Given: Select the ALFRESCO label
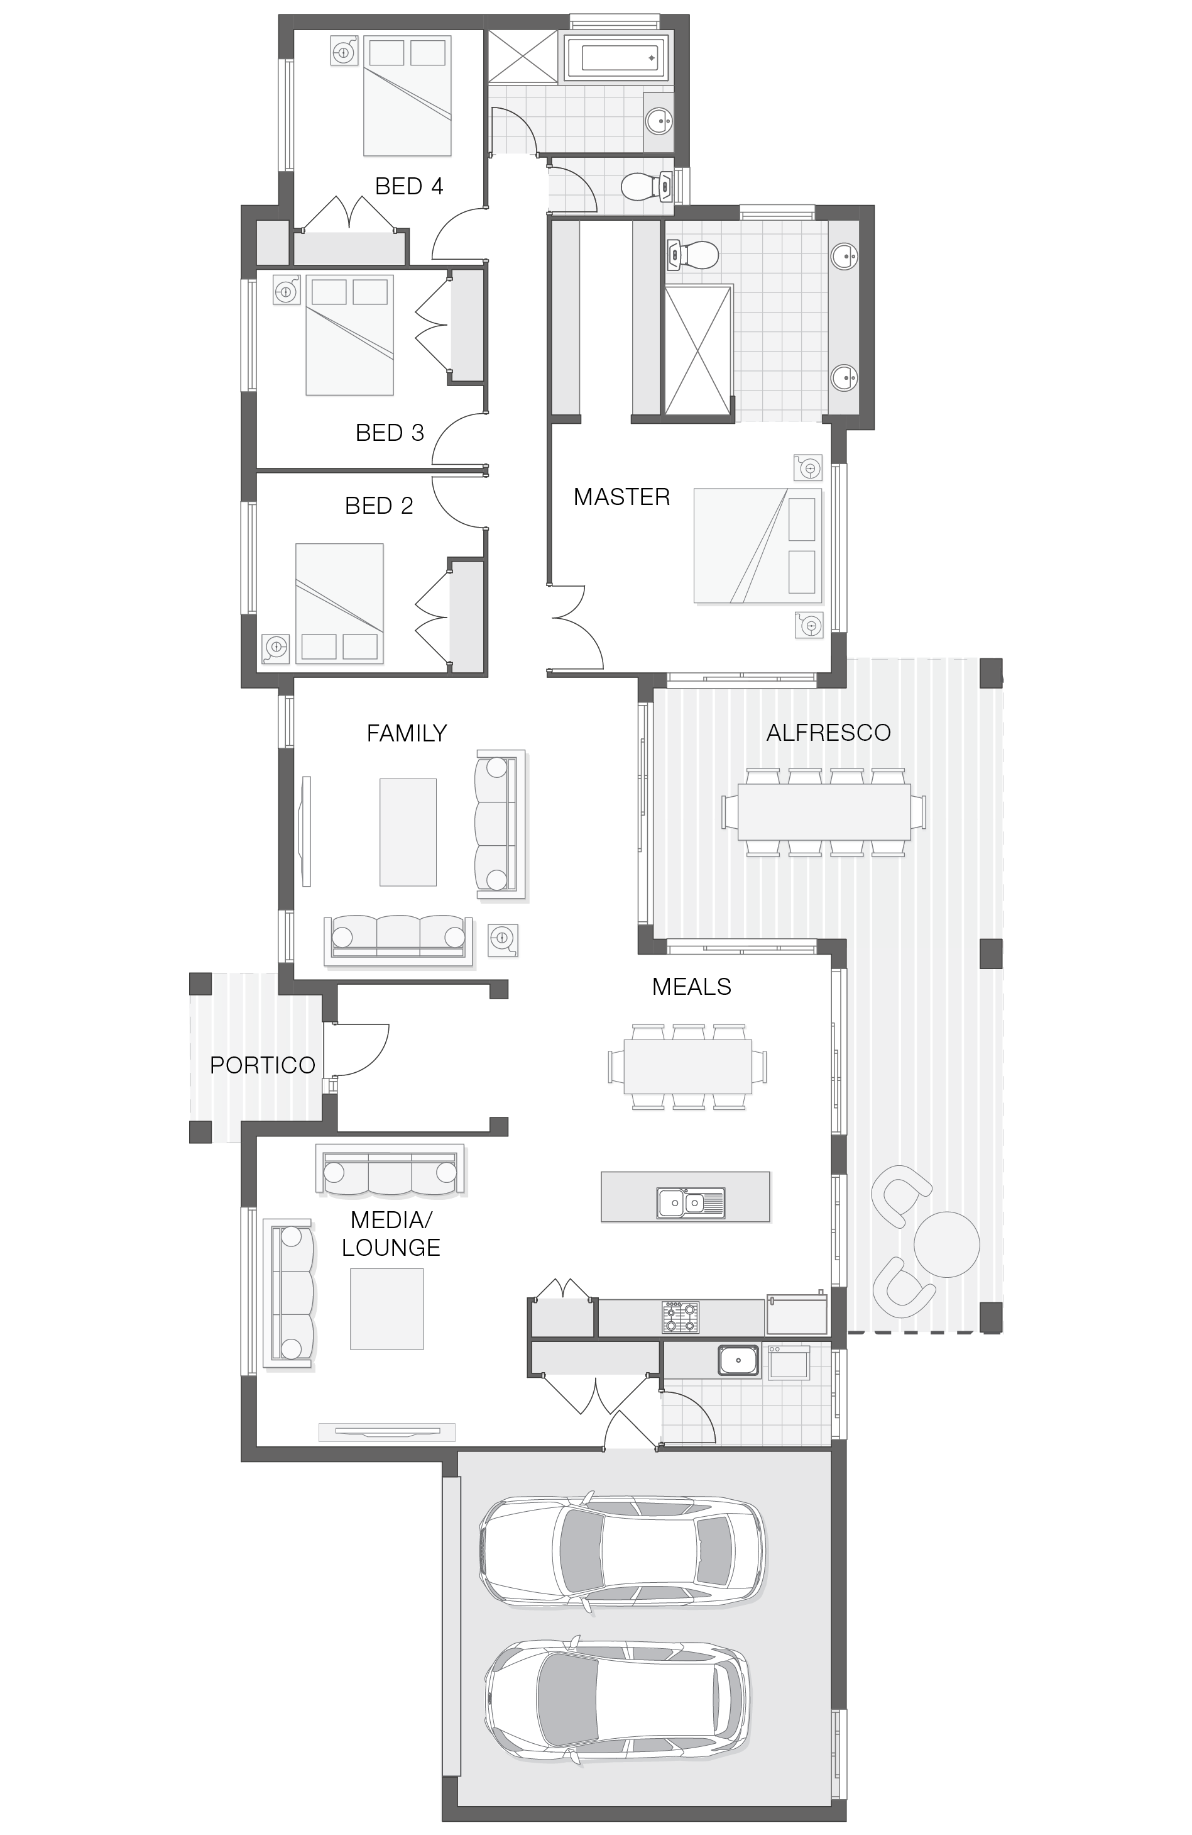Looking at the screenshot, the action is [x=828, y=732].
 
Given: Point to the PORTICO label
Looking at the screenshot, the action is [x=263, y=1065].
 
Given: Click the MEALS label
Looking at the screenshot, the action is [x=691, y=986].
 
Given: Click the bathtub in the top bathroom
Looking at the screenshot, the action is [x=617, y=57].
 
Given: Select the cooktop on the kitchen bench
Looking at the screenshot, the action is [x=681, y=1316].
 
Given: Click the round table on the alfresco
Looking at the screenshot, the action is [x=946, y=1244].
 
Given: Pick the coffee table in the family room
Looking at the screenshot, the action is [x=408, y=832].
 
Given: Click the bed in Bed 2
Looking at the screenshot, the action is [x=339, y=603].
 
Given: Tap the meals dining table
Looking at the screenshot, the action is [x=687, y=1067].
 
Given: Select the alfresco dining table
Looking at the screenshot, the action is [x=824, y=812].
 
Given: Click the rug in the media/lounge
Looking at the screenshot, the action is [x=387, y=1309].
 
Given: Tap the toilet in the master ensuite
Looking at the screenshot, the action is [x=692, y=253].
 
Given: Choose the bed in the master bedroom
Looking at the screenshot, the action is [x=757, y=545].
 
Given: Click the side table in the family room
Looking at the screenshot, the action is [x=503, y=938].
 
